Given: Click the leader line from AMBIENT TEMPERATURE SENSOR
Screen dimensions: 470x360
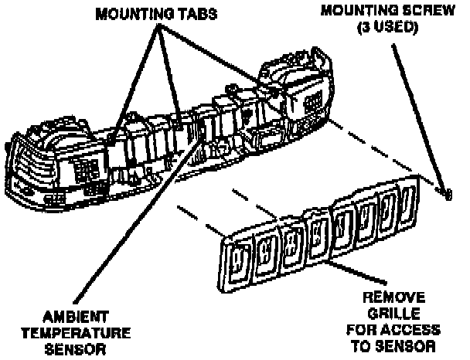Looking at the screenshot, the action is point(124,232).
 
